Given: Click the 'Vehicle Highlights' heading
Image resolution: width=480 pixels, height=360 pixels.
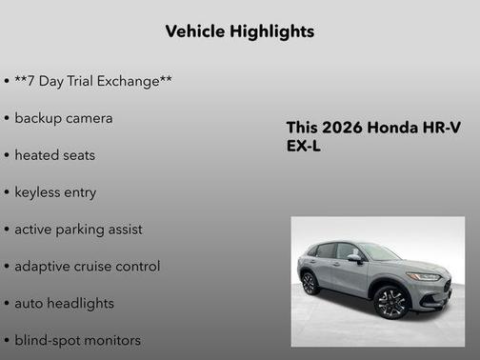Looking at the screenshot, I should [239, 31].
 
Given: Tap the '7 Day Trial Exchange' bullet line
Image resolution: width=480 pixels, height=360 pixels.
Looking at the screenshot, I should [92, 82].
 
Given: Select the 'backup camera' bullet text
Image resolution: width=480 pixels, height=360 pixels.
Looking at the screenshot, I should [63, 118].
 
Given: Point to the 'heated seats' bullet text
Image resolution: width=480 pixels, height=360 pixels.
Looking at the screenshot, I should [54, 155].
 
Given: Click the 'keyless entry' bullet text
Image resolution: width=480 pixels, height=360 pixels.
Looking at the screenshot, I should [55, 192].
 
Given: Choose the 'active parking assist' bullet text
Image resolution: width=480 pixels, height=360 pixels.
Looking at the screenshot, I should [78, 230].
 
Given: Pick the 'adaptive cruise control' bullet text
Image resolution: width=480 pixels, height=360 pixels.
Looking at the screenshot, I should [87, 267].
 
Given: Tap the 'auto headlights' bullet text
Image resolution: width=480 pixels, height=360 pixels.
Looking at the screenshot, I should [64, 303].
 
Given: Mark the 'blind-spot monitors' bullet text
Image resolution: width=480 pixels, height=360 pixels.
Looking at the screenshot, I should [77, 340].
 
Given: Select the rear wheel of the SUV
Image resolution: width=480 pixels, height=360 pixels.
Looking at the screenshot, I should [310, 283].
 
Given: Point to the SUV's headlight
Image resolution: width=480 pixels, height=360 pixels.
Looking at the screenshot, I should [423, 276].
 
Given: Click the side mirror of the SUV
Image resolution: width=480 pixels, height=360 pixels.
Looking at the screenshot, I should [354, 258].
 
